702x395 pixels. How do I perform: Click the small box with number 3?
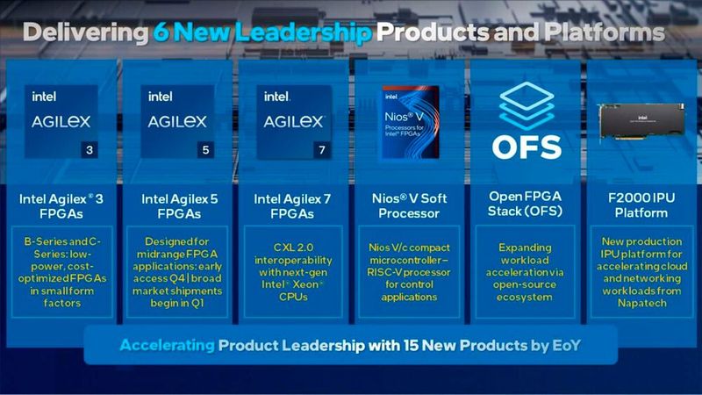click(89, 149)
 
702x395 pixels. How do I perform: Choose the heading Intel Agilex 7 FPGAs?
click(293, 206)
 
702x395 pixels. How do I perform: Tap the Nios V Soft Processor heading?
click(409, 206)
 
